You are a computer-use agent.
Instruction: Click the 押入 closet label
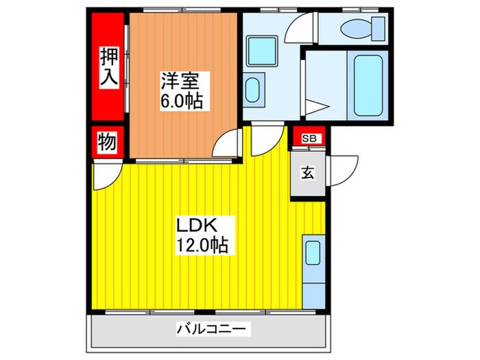click(x=108, y=66)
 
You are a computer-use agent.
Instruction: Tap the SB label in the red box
click(x=309, y=139)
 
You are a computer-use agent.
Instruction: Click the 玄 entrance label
click(x=308, y=173)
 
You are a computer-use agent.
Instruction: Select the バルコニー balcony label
click(x=213, y=329)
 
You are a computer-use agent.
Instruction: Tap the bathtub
click(x=368, y=85)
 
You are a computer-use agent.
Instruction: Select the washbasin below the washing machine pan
click(x=252, y=90)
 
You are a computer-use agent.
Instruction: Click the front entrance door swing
click(x=344, y=168)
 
